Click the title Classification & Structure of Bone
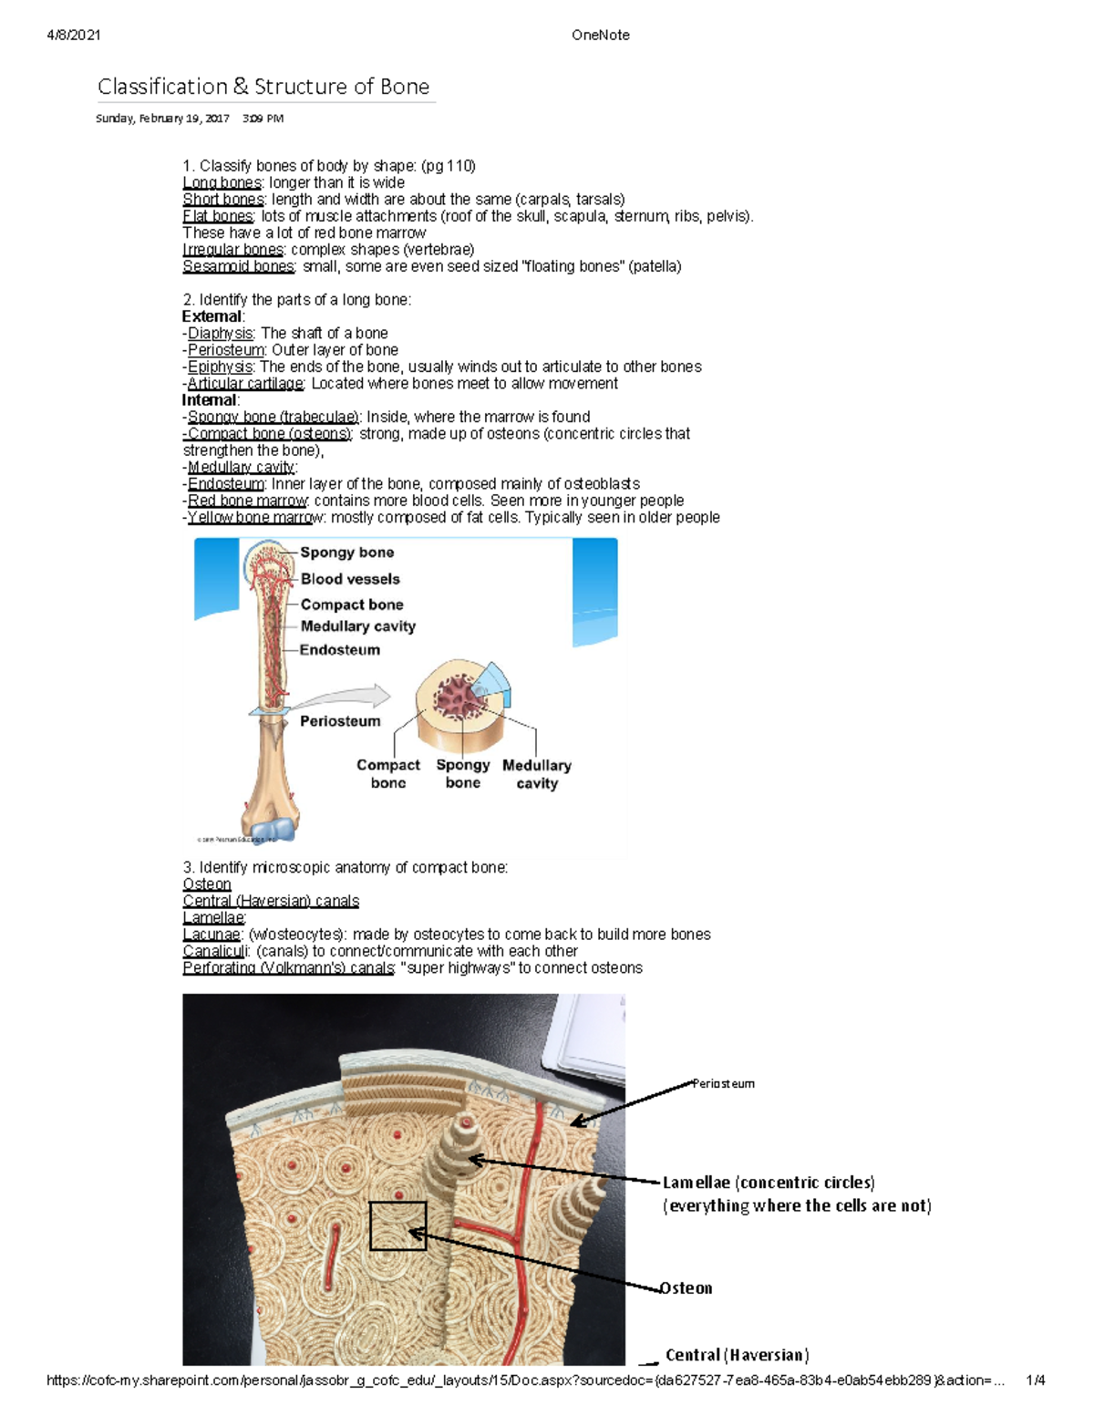pyautogui.click(x=263, y=87)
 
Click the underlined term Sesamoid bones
pyautogui.click(x=239, y=266)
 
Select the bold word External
pyautogui.click(x=212, y=316)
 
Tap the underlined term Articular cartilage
pyautogui.click(x=245, y=384)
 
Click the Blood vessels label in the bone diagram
pyautogui.click(x=350, y=579)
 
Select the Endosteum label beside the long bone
pyautogui.click(x=339, y=650)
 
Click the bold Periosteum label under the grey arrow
pyautogui.click(x=340, y=721)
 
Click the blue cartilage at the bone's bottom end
pyautogui.click(x=278, y=828)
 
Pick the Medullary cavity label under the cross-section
pyautogui.click(x=537, y=774)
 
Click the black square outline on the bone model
pyautogui.click(x=397, y=1225)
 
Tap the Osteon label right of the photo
pyautogui.click(x=686, y=1288)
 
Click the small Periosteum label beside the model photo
pyautogui.click(x=723, y=1084)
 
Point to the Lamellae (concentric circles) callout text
pyautogui.click(x=769, y=1183)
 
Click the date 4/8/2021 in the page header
pyautogui.click(x=74, y=36)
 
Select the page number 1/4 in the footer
pyautogui.click(x=1035, y=1380)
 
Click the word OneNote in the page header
pyautogui.click(x=600, y=36)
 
